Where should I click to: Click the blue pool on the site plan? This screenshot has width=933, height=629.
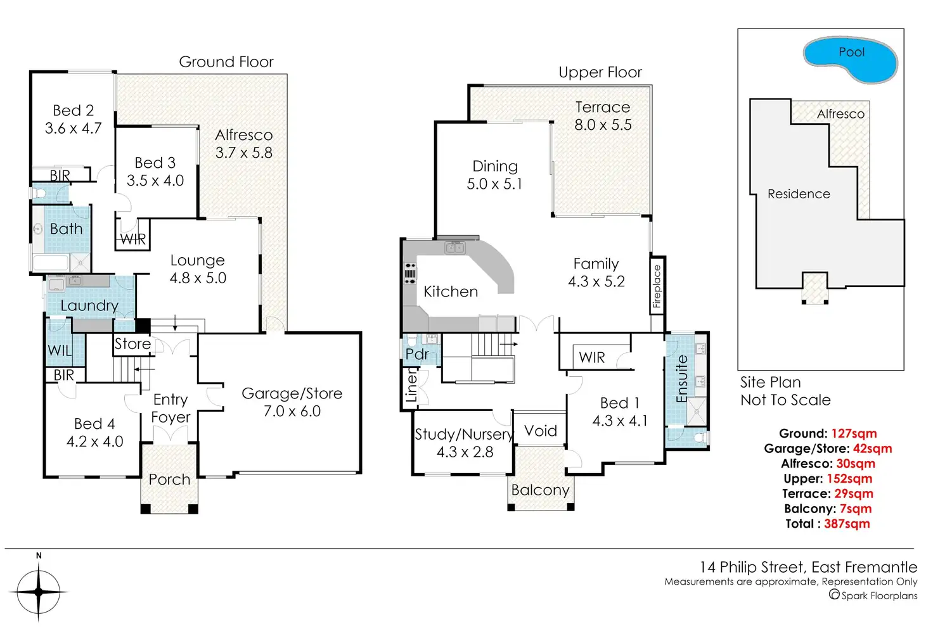coord(851,61)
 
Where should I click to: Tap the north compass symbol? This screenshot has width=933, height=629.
coord(39,591)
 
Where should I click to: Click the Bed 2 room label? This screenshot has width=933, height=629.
coord(74,111)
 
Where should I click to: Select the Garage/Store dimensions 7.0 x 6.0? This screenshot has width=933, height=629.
coord(292,411)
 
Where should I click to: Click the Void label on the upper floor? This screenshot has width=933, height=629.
coord(541,431)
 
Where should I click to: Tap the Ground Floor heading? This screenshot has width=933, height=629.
coord(226,62)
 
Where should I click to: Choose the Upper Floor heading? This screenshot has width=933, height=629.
coord(600,73)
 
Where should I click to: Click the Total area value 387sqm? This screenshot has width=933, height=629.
coord(847,524)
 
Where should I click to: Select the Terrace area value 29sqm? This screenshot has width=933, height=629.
coord(850,493)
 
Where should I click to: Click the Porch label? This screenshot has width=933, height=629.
coord(169,480)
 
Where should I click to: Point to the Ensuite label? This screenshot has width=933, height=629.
coord(682,379)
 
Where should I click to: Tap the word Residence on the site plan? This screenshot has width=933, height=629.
coord(799,194)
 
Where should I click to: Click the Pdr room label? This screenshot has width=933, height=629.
coord(417,354)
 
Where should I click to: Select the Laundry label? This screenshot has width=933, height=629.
coord(89,305)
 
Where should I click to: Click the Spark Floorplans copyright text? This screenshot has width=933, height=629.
coord(873,595)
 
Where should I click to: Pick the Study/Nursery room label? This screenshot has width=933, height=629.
coord(463,435)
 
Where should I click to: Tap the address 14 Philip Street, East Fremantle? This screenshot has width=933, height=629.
coord(808,567)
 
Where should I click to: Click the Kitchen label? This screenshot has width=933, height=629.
coord(451,291)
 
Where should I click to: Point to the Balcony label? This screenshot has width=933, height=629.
coord(540,490)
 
